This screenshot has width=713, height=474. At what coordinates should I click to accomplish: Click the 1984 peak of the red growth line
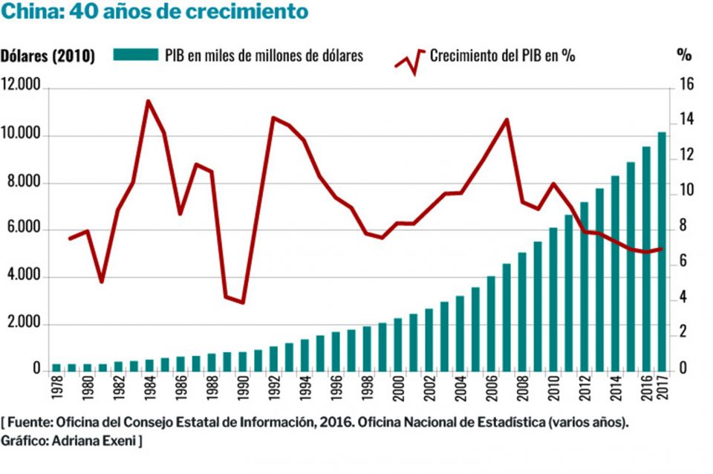tap(149, 101)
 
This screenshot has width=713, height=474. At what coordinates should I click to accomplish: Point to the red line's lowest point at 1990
tap(242, 302)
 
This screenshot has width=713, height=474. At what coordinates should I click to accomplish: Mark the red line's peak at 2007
tap(507, 120)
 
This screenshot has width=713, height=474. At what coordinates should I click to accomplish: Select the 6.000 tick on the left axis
tap(24, 230)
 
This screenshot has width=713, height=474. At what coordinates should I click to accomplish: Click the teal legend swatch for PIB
tap(136, 55)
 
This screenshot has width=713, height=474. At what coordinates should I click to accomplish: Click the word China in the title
tap(27, 13)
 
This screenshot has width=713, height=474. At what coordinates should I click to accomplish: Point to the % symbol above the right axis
tap(684, 56)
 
